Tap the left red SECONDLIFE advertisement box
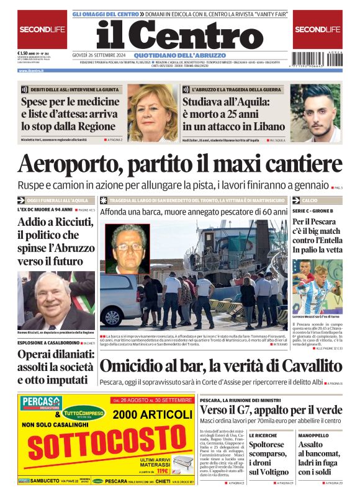coord(42,29)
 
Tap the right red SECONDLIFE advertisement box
coord(317,29)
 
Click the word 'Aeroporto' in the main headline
coord(74,165)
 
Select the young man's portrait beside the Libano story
coord(316,114)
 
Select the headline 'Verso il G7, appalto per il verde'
coord(271,410)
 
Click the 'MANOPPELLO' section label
coord(313,435)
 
